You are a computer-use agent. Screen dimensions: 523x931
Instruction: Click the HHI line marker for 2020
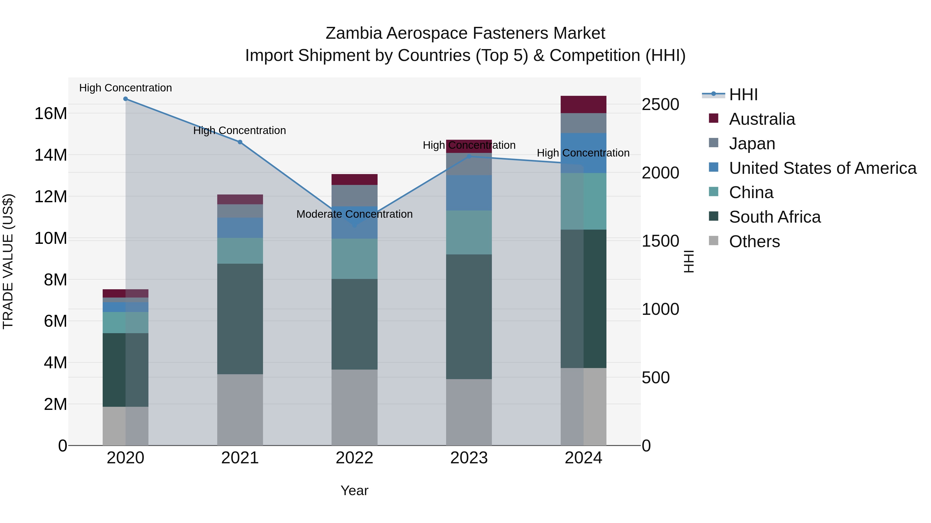pos(125,99)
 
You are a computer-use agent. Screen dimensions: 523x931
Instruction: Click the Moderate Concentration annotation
pos(354,214)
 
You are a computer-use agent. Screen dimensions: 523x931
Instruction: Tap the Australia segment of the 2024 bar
pos(583,105)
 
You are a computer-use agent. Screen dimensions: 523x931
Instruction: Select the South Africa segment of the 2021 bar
pos(240,319)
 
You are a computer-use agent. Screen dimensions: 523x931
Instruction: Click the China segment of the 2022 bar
pos(355,259)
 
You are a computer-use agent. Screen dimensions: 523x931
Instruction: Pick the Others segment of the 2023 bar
pos(469,412)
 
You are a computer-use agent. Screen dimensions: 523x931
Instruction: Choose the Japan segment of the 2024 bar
pos(583,123)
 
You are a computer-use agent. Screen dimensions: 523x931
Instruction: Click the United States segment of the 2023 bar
pos(469,193)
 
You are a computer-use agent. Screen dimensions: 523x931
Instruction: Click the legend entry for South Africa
pos(775,217)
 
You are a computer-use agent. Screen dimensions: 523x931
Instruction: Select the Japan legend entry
pos(752,144)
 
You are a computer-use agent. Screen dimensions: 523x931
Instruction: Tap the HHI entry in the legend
pos(743,95)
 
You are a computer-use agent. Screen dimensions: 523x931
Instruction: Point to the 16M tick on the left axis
pos(51,114)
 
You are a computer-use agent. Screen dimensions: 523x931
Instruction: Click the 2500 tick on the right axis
pos(660,105)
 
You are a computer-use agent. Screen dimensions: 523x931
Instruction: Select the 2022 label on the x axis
pos(354,458)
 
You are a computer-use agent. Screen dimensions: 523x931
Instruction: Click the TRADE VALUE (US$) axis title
pos(8,261)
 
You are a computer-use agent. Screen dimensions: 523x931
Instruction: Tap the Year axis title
pos(354,490)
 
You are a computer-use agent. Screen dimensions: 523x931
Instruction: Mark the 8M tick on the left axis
pos(55,280)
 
